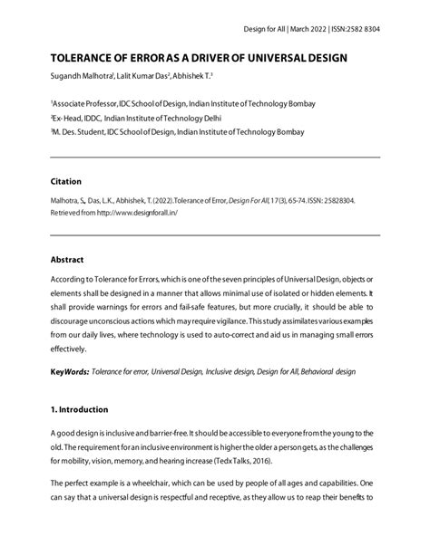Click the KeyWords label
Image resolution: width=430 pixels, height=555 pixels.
click(73, 372)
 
